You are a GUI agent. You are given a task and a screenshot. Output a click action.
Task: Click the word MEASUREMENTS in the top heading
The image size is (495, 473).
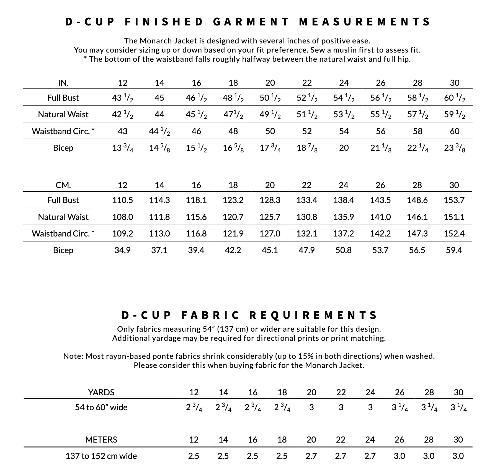(365, 22)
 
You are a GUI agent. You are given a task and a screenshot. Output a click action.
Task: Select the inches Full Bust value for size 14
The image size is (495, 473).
(159, 98)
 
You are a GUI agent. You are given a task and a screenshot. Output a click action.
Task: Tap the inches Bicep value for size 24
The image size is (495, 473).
(344, 148)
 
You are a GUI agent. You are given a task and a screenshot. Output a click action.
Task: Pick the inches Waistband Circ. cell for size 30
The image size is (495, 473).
(455, 131)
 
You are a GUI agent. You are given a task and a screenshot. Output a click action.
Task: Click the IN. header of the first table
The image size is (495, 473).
(63, 83)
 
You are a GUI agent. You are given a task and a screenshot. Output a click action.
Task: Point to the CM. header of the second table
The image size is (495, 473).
(63, 185)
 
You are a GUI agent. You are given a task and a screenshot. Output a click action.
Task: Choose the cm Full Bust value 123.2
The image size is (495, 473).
(233, 200)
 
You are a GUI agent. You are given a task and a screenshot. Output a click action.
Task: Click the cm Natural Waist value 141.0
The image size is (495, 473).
(380, 217)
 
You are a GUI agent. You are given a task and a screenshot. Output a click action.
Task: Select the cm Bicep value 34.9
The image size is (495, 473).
(122, 250)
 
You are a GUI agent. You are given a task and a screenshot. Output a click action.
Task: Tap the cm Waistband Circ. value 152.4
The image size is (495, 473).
(454, 234)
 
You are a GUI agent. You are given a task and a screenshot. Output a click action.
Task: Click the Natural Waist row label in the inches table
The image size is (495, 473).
(63, 115)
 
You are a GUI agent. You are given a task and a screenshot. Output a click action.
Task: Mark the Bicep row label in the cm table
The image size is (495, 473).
(63, 250)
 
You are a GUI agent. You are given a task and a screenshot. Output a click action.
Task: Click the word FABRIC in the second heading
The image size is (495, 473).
(210, 315)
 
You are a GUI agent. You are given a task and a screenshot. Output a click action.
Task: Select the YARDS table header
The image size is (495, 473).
(101, 392)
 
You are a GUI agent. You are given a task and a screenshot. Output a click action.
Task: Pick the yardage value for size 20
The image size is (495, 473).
(311, 407)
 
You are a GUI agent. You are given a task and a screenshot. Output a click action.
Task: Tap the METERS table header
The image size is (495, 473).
(101, 440)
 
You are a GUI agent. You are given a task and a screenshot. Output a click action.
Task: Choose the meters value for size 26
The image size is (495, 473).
(399, 456)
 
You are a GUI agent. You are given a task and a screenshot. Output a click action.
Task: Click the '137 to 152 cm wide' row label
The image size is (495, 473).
(101, 456)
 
